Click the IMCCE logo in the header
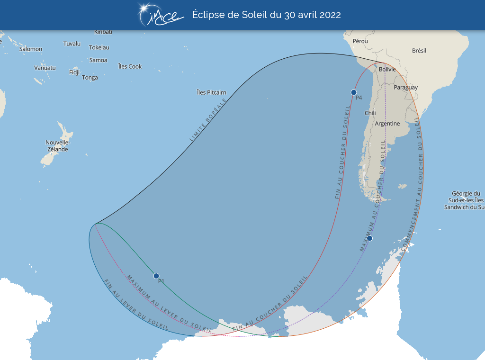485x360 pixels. [160, 15]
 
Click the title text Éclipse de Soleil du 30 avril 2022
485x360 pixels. [266, 15]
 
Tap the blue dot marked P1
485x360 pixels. [156, 276]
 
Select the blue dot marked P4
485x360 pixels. [353, 92]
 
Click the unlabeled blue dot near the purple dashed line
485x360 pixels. [369, 238]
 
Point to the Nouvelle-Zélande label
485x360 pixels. [57, 146]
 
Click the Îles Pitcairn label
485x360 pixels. [212, 92]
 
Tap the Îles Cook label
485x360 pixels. [130, 66]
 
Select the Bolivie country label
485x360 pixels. [387, 69]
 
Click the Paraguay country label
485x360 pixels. [406, 87]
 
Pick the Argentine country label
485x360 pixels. [387, 124]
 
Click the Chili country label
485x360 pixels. [370, 113]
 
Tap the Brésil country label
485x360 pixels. [419, 50]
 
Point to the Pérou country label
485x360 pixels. [360, 41]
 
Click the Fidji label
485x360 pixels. [74, 72]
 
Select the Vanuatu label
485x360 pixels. [45, 68]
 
